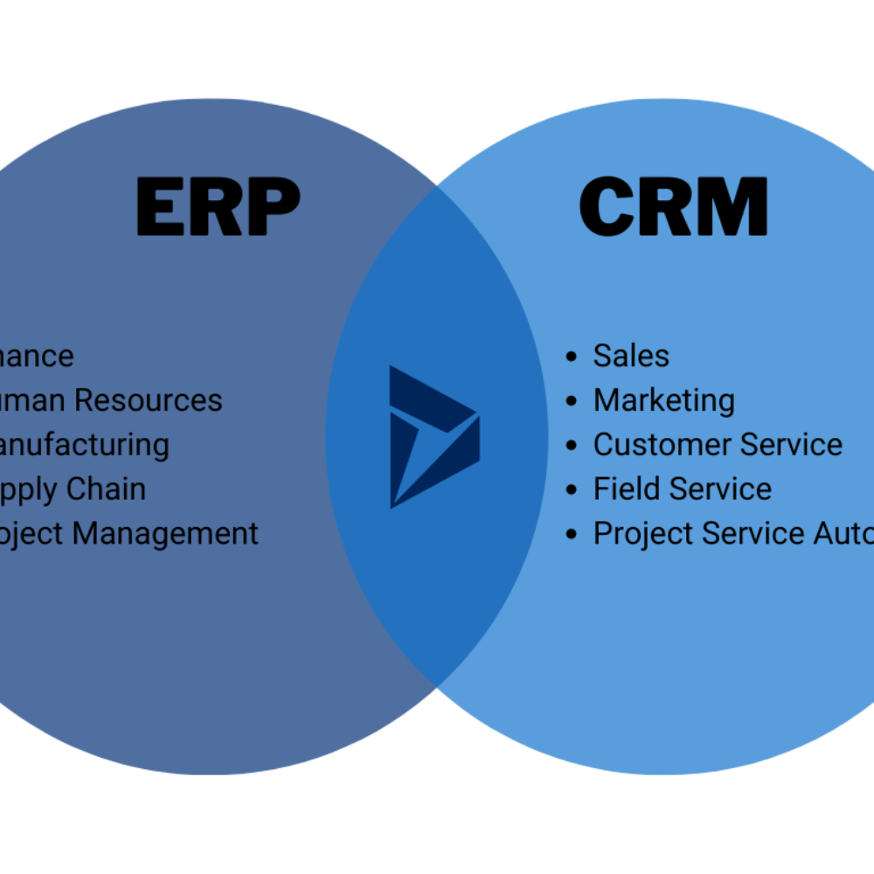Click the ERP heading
[218, 207]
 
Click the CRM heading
[673, 207]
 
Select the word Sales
[631, 356]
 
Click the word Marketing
[663, 401]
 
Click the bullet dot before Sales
[572, 357]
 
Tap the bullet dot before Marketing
[572, 401]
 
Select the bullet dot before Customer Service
[572, 446]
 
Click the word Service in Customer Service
[789, 445]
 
